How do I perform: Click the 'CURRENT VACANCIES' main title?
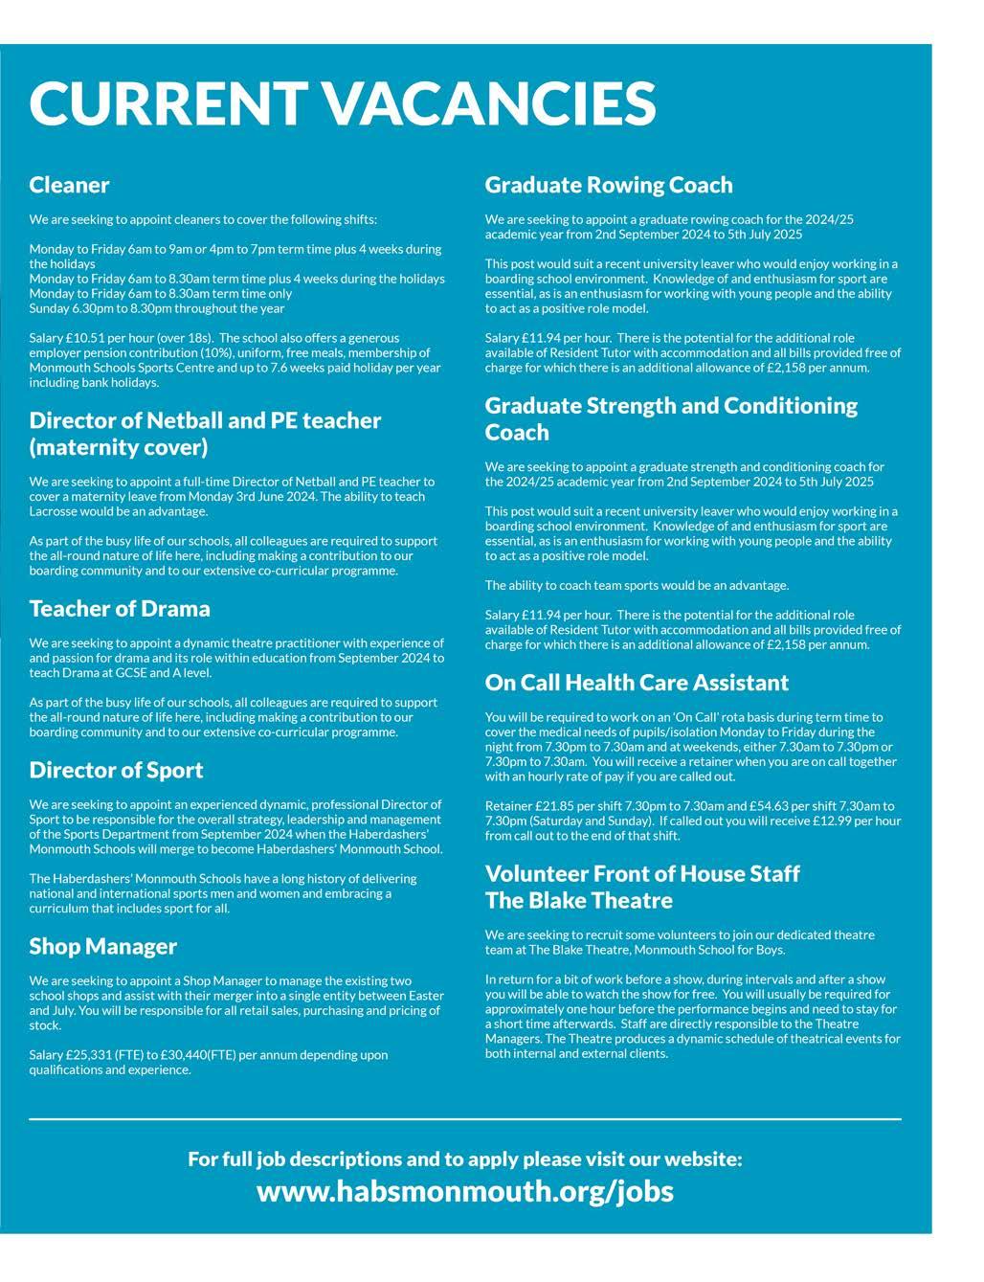(x=342, y=102)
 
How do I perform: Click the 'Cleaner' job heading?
(x=69, y=185)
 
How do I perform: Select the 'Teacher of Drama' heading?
(x=120, y=609)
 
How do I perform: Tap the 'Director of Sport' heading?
(x=116, y=771)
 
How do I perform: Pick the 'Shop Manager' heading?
(x=103, y=947)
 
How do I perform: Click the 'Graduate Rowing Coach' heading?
(x=609, y=185)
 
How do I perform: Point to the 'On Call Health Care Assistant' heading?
(x=637, y=683)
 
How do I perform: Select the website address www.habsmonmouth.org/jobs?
(x=465, y=1191)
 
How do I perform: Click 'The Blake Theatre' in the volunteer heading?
(x=578, y=901)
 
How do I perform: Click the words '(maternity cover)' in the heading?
(x=118, y=448)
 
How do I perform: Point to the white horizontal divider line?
(x=465, y=1118)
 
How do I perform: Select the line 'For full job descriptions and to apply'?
(x=465, y=1159)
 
